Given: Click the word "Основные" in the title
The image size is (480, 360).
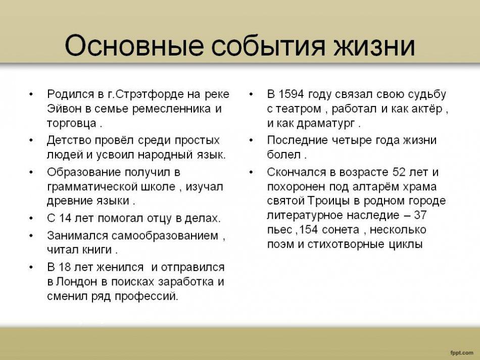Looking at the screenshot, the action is (x=134, y=46).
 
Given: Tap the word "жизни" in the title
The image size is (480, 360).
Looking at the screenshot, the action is (x=374, y=46).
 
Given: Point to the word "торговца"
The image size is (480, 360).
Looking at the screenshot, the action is (x=71, y=124).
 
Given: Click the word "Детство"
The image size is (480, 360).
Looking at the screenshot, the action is (x=69, y=140).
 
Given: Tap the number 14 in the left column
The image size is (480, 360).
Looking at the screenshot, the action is (x=65, y=218).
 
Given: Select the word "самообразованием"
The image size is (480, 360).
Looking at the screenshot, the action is (x=165, y=236).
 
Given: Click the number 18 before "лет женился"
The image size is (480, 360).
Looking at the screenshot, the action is (x=65, y=267).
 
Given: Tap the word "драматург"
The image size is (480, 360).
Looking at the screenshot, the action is (x=326, y=124).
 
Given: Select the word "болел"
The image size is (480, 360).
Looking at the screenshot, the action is (x=284, y=155).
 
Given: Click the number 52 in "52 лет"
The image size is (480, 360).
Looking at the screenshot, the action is (x=399, y=172).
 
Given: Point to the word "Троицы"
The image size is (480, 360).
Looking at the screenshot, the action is (x=327, y=201).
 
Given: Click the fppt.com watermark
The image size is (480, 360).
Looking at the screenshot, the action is (x=461, y=352).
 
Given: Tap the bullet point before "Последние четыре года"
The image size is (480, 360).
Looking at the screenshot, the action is (x=251, y=140).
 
